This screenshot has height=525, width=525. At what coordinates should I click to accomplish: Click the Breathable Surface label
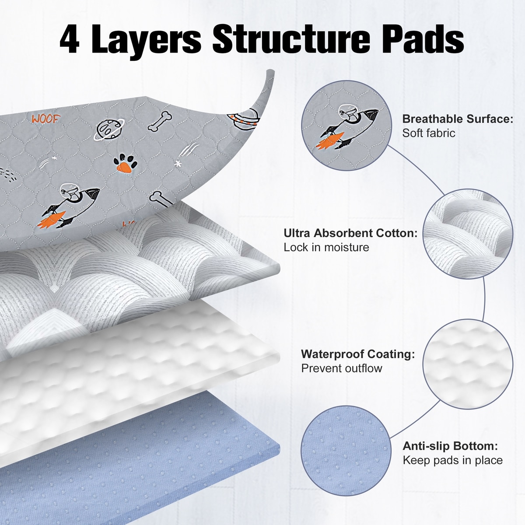[458, 119]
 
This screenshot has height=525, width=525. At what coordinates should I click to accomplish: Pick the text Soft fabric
[429, 133]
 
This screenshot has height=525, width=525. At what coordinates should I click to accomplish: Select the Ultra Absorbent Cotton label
[350, 233]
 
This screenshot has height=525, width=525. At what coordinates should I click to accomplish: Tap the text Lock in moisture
[326, 247]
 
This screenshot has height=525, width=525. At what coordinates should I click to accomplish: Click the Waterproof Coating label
[358, 354]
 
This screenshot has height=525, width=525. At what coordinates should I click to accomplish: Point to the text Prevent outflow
[342, 368]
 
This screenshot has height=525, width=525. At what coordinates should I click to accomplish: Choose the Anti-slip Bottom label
[450, 446]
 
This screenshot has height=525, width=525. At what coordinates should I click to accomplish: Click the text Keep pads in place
[452, 460]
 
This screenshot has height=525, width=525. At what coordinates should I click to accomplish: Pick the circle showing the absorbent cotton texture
[468, 234]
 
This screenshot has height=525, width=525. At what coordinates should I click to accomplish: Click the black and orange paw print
[125, 164]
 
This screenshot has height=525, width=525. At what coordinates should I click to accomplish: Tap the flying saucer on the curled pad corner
[243, 119]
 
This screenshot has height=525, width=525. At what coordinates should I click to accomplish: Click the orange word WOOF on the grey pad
[45, 119]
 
